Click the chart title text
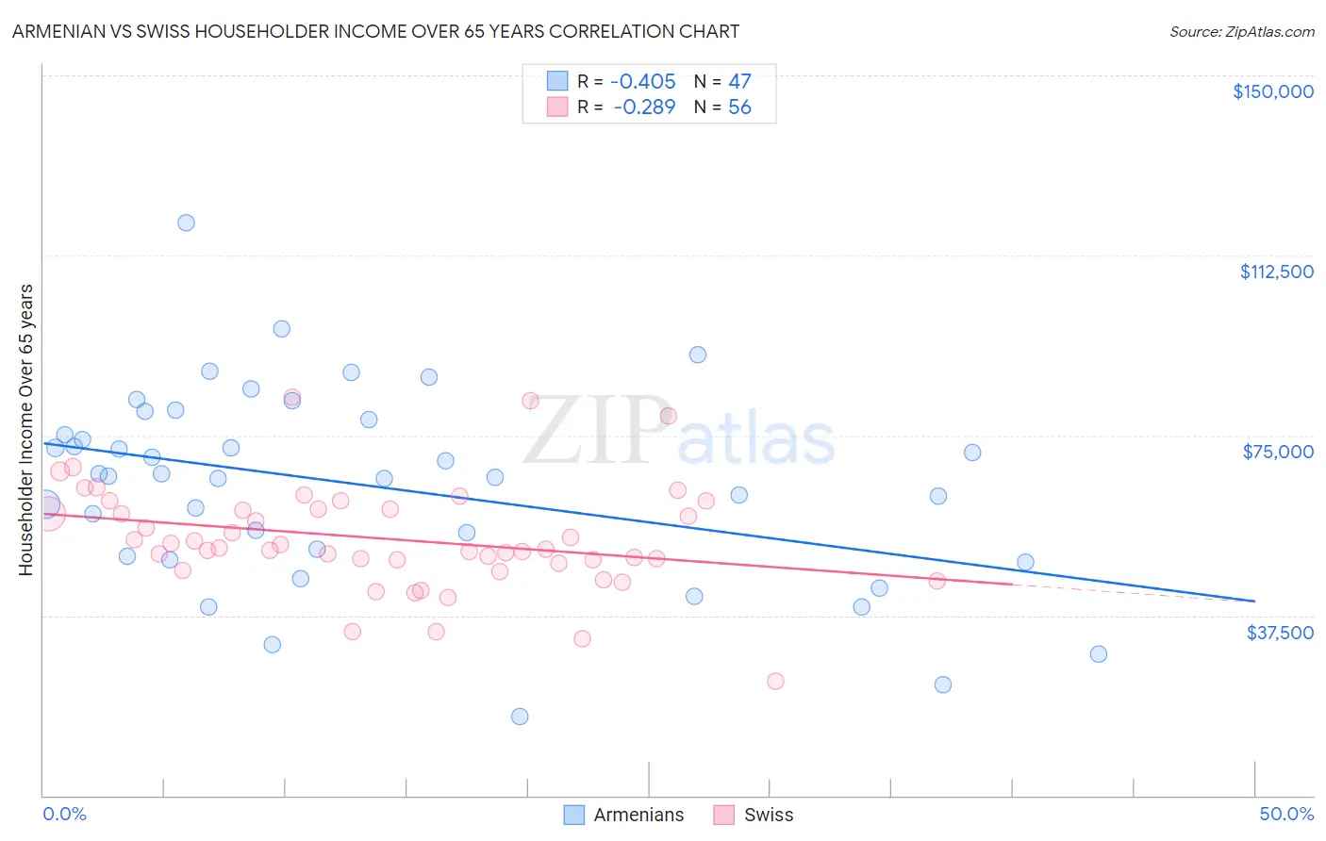[374, 31]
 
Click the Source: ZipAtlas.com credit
[1241, 31]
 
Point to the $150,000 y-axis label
[1272, 91]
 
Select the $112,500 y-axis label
[1276, 272]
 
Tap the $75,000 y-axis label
[1278, 452]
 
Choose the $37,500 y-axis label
[1280, 633]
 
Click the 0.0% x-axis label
[64, 814]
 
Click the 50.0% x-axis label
[1286, 814]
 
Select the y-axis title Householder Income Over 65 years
[26, 429]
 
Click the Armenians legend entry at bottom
[624, 815]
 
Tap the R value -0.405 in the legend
[642, 82]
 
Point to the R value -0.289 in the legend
[644, 107]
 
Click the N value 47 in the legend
[739, 82]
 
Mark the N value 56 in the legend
[739, 107]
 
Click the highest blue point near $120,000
[186, 223]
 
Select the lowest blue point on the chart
[520, 717]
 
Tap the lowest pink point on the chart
[775, 681]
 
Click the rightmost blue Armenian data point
[1098, 654]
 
